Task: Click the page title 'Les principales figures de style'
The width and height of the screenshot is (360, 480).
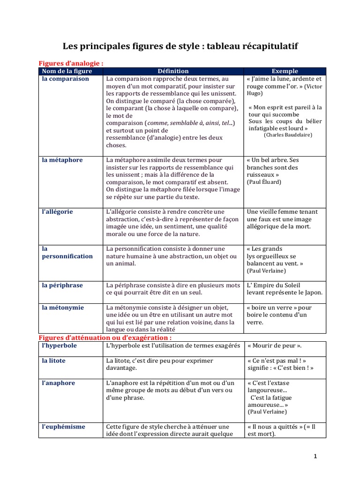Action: [x=180, y=46]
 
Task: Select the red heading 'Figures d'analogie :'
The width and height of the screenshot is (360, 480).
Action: [x=71, y=63]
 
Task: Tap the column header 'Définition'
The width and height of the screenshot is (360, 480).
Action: [x=173, y=71]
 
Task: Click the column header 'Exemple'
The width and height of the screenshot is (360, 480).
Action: [x=285, y=71]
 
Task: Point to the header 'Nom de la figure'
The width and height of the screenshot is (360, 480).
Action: [x=67, y=71]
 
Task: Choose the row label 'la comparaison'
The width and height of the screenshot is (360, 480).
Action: [x=65, y=79]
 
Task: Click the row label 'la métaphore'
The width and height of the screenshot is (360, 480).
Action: [x=62, y=160]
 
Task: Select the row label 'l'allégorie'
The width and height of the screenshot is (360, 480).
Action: [x=57, y=211]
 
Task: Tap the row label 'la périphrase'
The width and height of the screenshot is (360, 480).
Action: [x=63, y=285]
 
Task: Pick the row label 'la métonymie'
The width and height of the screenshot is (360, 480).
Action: [x=63, y=307]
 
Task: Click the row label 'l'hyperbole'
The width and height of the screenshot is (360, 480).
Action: [x=59, y=345]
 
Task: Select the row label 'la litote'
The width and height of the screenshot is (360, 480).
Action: [x=53, y=360]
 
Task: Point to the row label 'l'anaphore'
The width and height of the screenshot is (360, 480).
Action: [x=58, y=383]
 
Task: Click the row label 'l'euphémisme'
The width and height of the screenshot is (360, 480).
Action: [x=63, y=427]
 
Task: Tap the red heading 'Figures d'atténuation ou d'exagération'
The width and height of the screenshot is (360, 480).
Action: [x=105, y=337]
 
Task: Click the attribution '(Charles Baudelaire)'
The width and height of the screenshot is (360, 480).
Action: [x=288, y=135]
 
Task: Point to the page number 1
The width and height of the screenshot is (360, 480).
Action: [x=315, y=456]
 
